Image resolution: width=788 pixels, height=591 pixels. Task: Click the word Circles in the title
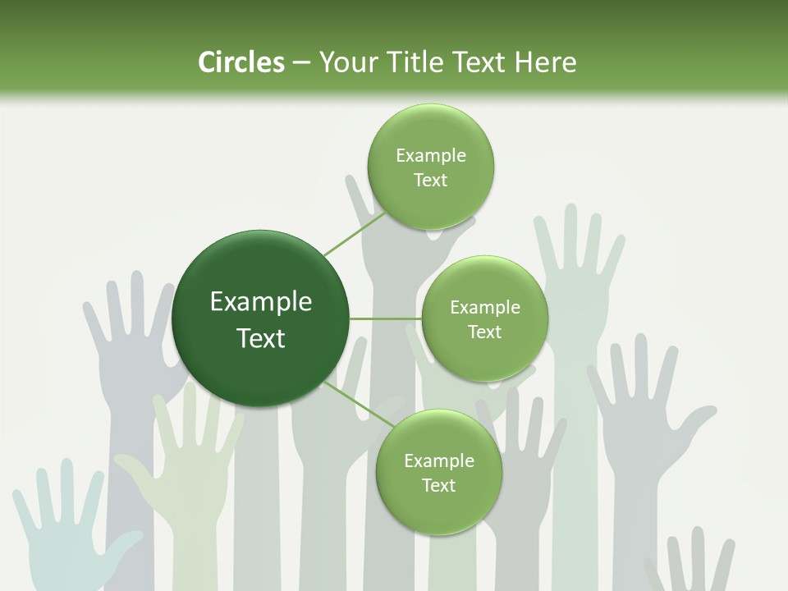pos(241,62)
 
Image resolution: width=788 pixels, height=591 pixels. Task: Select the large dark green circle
pos(260,318)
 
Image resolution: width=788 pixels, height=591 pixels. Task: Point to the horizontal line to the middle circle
pos(386,318)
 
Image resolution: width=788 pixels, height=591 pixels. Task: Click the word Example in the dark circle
pos(260,302)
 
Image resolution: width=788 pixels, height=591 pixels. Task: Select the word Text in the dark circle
pos(260,338)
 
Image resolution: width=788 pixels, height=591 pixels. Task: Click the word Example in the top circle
pos(430,156)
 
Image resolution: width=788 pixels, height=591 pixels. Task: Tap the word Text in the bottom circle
pos(438,485)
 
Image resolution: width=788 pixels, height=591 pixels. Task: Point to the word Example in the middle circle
pos(484,308)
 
